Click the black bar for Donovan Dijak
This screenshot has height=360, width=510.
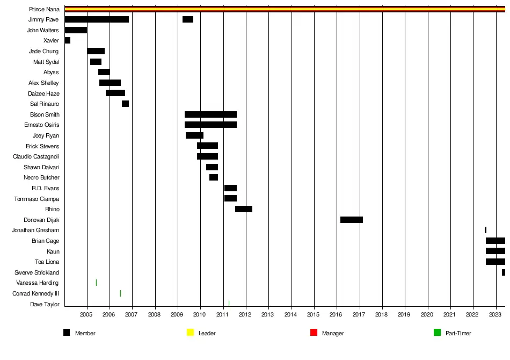tap(352, 220)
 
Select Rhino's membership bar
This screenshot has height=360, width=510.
tap(244, 209)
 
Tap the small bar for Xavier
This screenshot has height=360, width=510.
tap(67, 40)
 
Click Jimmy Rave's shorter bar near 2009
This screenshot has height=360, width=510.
tap(188, 19)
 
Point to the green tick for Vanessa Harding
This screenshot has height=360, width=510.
tap(96, 283)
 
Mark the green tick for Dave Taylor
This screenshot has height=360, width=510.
tap(229, 304)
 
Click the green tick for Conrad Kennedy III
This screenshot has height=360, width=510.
tap(120, 293)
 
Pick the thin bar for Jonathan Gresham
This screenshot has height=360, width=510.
tap(485, 230)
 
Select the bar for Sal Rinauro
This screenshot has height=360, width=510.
tap(125, 104)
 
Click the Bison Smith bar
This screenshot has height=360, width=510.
tap(210, 114)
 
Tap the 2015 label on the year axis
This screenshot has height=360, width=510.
tap(314, 314)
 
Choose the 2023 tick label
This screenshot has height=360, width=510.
tap(495, 314)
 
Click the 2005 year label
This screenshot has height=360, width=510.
tap(87, 314)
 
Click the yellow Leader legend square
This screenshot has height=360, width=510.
tap(190, 333)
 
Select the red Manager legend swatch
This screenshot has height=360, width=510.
tap(314, 333)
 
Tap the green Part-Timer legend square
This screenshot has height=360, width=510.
tap(437, 333)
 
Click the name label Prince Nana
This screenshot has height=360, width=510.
tap(44, 9)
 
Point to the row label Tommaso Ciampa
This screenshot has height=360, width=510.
tap(37, 199)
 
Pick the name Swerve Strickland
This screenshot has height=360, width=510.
tap(37, 272)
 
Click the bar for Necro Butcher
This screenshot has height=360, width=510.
tap(214, 177)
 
